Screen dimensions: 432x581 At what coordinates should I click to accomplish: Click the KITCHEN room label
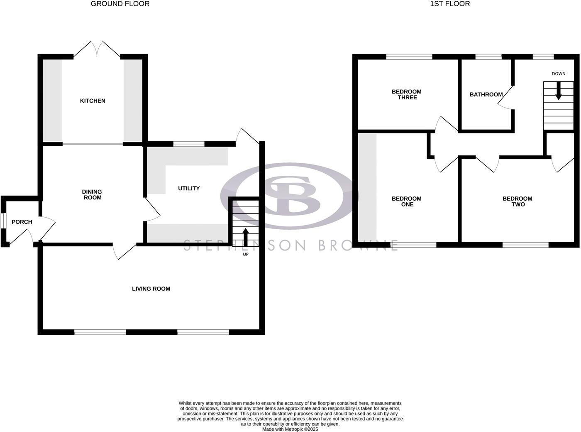(93, 101)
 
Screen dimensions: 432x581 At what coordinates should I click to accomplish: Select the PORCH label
(22, 222)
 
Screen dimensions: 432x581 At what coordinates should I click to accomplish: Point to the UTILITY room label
(189, 189)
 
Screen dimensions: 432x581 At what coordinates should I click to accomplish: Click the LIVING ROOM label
(151, 289)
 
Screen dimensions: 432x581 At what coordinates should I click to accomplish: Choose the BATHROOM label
(486, 95)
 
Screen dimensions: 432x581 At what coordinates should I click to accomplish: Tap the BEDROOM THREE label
(407, 95)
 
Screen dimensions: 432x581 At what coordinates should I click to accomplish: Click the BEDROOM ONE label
(407, 201)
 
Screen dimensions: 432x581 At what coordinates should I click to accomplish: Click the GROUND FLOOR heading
(120, 4)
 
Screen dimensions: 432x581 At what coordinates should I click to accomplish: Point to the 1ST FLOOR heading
(450, 4)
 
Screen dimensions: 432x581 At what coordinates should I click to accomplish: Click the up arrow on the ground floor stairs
(245, 237)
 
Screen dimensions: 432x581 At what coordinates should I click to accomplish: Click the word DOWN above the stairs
(559, 74)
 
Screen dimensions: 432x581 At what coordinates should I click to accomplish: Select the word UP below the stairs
(246, 254)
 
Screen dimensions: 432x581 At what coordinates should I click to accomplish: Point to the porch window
(2, 221)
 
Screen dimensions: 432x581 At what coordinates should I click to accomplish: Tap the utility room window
(189, 144)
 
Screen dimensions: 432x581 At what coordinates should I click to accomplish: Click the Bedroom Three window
(409, 57)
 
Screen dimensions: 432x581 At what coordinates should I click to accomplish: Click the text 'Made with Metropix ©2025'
(290, 430)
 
